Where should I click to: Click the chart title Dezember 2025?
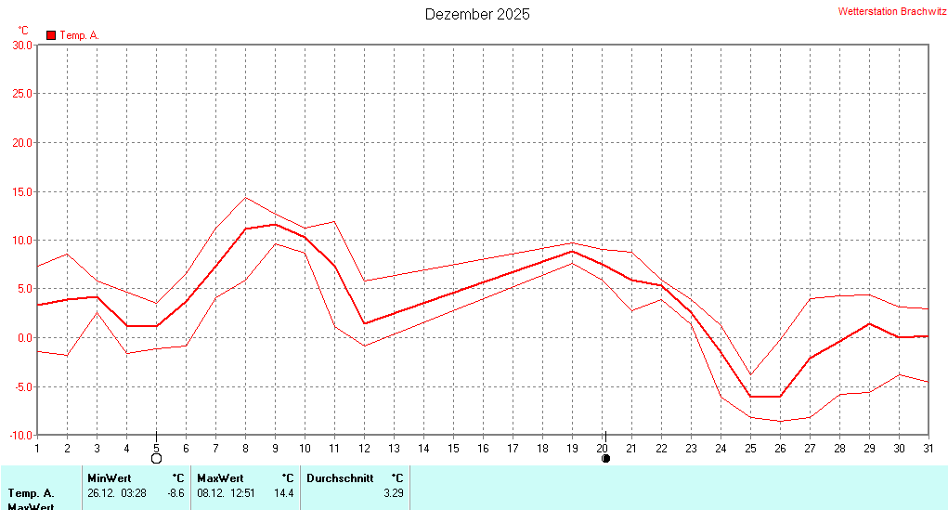click(x=477, y=14)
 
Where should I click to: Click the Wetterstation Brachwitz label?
click(x=891, y=12)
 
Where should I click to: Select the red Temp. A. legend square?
click(x=51, y=35)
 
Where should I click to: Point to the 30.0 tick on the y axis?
click(x=21, y=45)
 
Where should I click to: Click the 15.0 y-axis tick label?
click(x=21, y=191)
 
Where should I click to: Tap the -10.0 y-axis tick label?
click(x=19, y=435)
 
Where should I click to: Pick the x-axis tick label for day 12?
click(x=364, y=448)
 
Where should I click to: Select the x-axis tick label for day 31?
click(x=928, y=448)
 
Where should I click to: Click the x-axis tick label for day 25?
click(x=750, y=448)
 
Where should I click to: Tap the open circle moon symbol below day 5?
click(x=156, y=458)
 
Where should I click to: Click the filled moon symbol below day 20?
click(x=606, y=458)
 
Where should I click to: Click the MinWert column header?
click(x=109, y=478)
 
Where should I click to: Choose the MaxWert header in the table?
click(x=219, y=478)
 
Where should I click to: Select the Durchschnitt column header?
click(x=339, y=478)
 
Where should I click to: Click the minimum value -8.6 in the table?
click(x=175, y=493)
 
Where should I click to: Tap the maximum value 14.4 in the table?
click(x=284, y=493)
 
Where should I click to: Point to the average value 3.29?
click(x=394, y=493)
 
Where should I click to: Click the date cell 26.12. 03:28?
click(x=117, y=493)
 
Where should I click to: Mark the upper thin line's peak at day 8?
click(x=245, y=197)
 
